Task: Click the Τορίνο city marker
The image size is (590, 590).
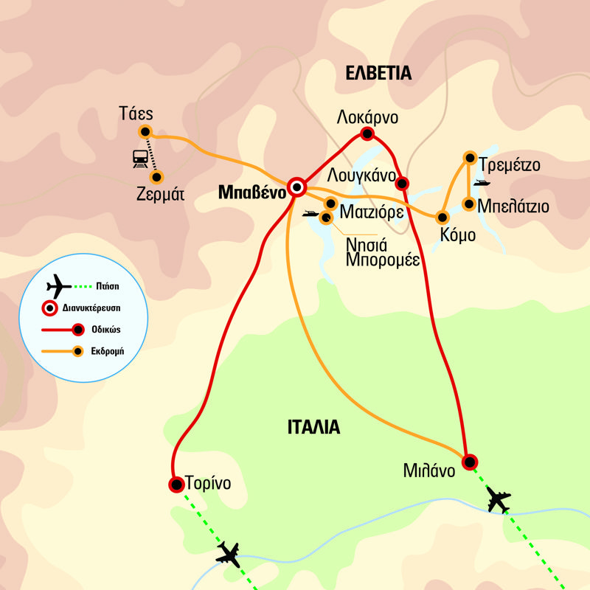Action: tap(176, 485)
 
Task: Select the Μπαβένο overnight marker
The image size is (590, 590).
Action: tap(296, 187)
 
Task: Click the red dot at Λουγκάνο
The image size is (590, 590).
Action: tap(402, 183)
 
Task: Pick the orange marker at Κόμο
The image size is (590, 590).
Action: tap(442, 217)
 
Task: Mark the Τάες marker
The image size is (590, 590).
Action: tap(145, 132)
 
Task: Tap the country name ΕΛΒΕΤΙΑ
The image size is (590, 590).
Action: tap(378, 72)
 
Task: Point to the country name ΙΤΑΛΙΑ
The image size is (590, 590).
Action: tap(313, 426)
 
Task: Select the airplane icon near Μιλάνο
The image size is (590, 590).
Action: tap(499, 502)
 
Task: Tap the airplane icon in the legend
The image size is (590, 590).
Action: tap(58, 285)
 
